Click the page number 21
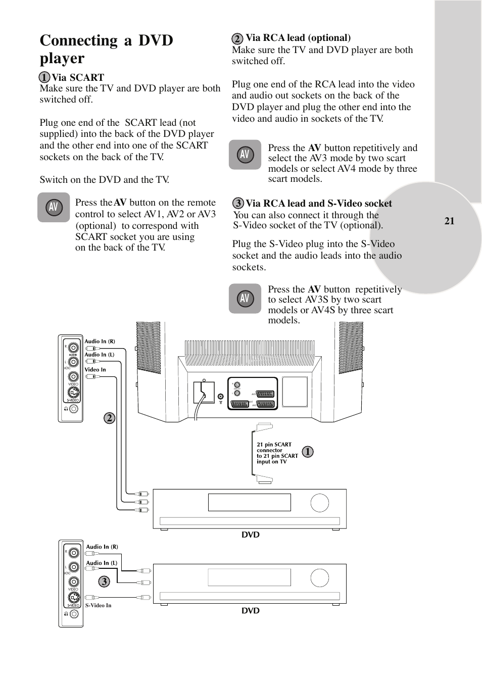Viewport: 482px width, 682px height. pyautogui.click(x=449, y=221)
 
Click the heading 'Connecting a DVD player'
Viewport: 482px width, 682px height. pyautogui.click(x=106, y=49)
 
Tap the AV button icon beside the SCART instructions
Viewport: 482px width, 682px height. pyautogui.click(x=54, y=207)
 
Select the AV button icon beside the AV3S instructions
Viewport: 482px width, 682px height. pyautogui.click(x=245, y=299)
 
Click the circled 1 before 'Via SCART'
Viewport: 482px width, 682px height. pyautogui.click(x=45, y=77)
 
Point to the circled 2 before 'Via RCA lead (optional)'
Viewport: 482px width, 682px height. pyautogui.click(x=237, y=38)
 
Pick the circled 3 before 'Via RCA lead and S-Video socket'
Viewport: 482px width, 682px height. pyautogui.click(x=238, y=204)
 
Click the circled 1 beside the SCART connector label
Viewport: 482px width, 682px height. pyautogui.click(x=307, y=452)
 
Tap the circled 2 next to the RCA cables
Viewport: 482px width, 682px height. pyautogui.click(x=110, y=418)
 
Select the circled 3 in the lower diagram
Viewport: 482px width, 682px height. pyautogui.click(x=104, y=581)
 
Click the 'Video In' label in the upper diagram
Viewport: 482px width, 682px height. pyautogui.click(x=95, y=370)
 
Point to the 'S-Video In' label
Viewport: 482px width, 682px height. pyautogui.click(x=98, y=605)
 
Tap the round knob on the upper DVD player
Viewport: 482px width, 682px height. pyautogui.click(x=320, y=503)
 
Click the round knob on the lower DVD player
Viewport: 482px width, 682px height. pyautogui.click(x=320, y=578)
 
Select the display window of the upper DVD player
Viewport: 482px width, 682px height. pyautogui.click(x=249, y=503)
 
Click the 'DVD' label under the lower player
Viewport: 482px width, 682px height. pyautogui.click(x=250, y=611)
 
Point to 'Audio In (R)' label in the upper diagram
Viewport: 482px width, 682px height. pyautogui.click(x=100, y=342)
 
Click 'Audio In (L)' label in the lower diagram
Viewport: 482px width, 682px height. pyautogui.click(x=101, y=563)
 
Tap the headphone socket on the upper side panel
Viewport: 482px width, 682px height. pyautogui.click(x=74, y=409)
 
